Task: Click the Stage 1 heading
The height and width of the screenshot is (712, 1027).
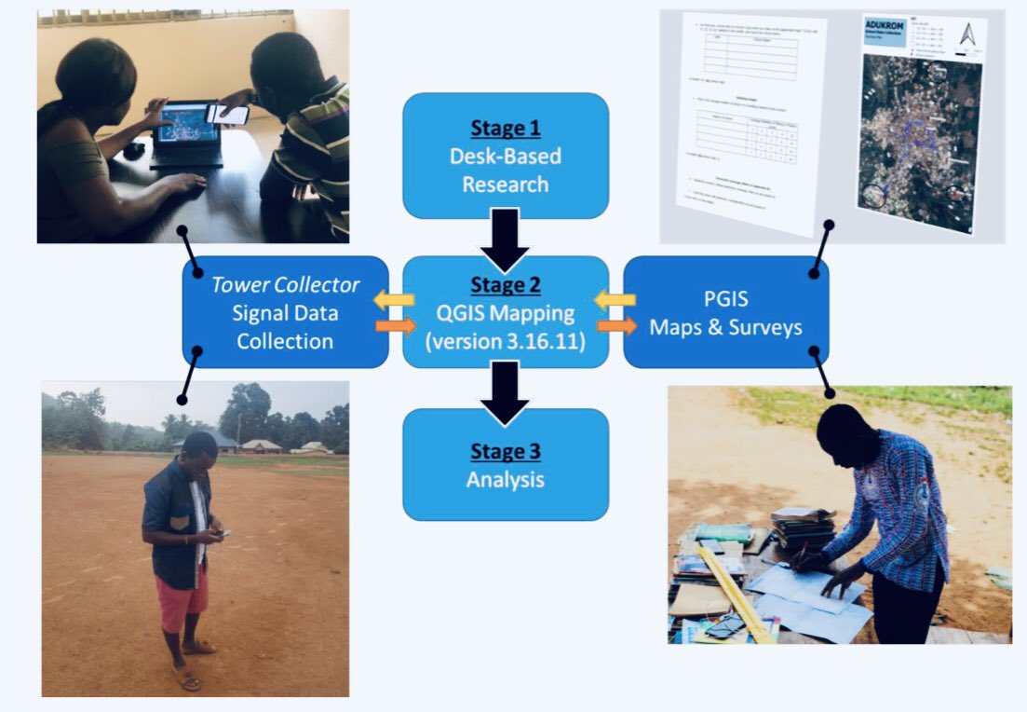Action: [x=505, y=128]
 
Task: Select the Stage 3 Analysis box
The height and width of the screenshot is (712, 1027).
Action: [x=505, y=464]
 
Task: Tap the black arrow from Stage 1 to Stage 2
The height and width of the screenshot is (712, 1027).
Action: [x=505, y=239]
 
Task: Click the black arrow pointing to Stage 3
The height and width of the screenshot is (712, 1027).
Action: [x=505, y=390]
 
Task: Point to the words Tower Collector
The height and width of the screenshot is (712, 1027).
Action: [x=285, y=284]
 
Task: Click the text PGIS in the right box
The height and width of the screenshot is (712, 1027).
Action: [x=725, y=300]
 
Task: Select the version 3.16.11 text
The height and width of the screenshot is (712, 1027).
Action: [x=505, y=340]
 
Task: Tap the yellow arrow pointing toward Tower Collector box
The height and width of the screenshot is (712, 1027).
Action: [x=396, y=300]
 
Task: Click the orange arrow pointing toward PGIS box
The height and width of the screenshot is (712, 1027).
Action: [x=615, y=326]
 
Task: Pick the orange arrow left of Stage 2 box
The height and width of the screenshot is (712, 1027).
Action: [x=396, y=326]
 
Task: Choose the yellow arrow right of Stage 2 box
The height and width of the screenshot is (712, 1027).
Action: [x=615, y=300]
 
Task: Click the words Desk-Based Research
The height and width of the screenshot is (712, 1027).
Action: [x=505, y=170]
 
